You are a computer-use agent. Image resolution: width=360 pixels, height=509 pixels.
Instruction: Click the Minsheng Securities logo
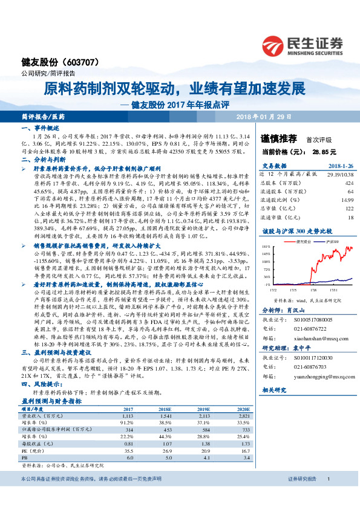click(x=308, y=44)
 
